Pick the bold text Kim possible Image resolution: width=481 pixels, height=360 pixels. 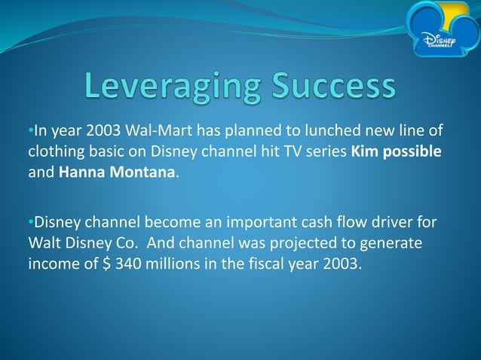click(x=396, y=153)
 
